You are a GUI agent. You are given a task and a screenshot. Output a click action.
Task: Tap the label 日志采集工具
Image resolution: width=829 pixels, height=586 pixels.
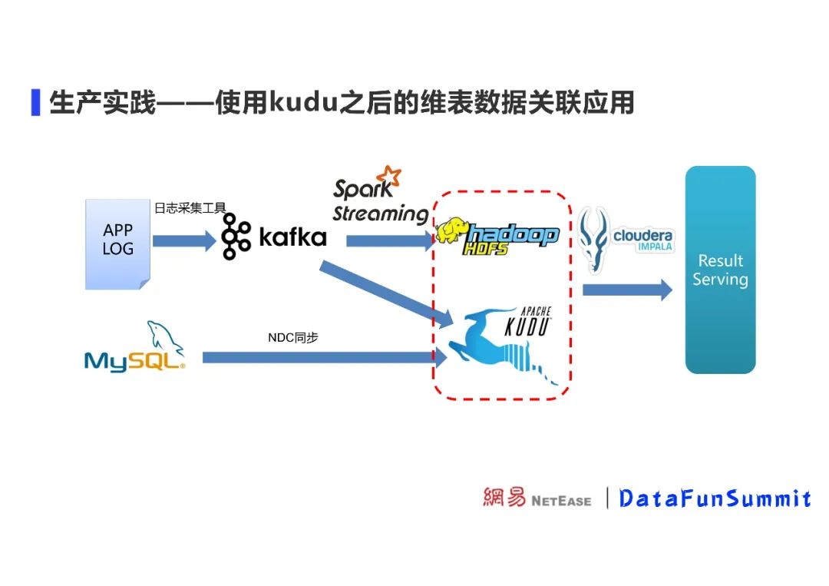click(x=190, y=207)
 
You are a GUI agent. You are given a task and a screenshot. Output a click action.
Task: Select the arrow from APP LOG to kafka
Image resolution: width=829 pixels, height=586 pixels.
click(x=184, y=241)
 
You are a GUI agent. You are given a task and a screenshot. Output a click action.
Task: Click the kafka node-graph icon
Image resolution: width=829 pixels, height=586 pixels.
click(x=236, y=237)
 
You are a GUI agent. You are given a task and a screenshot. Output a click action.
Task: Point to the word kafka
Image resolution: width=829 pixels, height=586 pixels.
click(x=292, y=237)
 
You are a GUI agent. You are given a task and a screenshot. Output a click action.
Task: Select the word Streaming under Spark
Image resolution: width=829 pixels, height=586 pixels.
click(x=380, y=214)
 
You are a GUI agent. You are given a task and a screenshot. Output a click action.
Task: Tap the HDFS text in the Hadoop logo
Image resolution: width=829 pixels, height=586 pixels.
click(x=485, y=249)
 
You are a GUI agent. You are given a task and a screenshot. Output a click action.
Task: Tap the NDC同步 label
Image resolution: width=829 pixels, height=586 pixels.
click(x=292, y=337)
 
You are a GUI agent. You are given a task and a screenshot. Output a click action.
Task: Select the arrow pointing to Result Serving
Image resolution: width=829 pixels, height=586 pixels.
click(x=626, y=290)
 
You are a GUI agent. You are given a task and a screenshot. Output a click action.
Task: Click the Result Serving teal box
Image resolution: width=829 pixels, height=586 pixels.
click(x=720, y=270)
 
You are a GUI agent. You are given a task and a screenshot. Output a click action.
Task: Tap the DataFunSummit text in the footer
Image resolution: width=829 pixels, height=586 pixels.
click(x=715, y=498)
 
